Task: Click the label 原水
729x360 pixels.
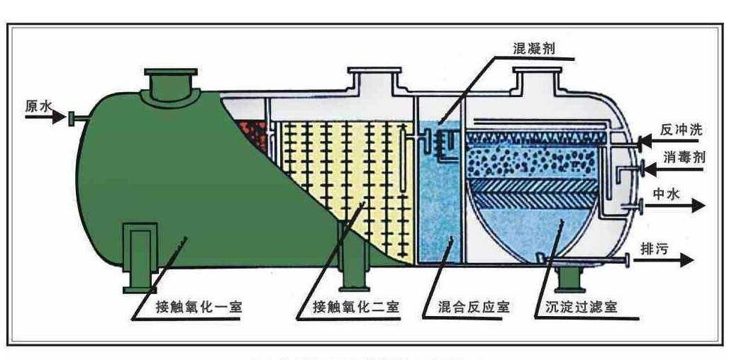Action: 38,106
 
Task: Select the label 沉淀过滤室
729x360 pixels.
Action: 581,308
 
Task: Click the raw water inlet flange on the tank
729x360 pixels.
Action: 72,118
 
